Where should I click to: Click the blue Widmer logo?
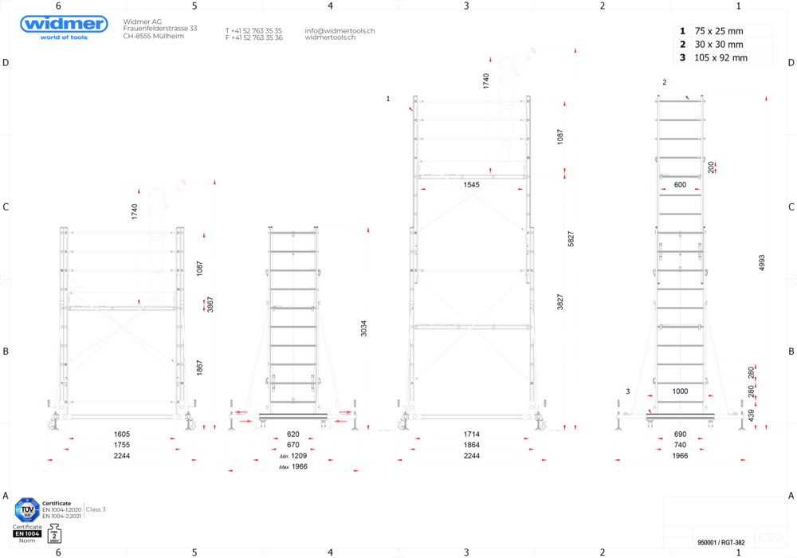[64, 26]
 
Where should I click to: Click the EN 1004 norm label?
[28, 532]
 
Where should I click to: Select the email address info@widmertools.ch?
[339, 30]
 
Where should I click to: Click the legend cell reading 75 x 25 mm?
[730, 31]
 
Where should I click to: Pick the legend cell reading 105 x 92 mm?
[730, 57]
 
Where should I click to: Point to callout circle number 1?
[388, 98]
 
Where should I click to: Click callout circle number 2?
[665, 81]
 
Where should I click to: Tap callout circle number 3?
[628, 391]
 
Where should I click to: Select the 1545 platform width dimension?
[472, 185]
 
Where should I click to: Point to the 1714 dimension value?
[472, 434]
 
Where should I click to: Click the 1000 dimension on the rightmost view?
[679, 391]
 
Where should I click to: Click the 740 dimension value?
[679, 444]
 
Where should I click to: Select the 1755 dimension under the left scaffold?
[122, 446]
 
